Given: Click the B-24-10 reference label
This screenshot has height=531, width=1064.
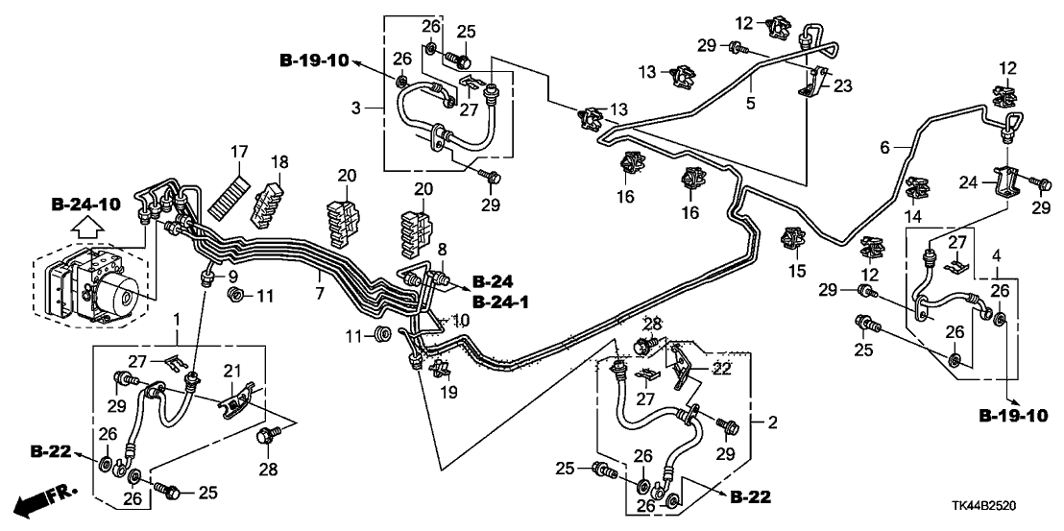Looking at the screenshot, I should pyautogui.click(x=85, y=204).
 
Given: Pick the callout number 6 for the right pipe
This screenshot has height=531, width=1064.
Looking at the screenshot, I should pyautogui.click(x=885, y=146).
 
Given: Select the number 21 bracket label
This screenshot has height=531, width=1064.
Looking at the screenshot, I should pyautogui.click(x=231, y=372).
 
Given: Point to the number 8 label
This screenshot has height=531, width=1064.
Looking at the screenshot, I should pyautogui.click(x=443, y=250).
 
